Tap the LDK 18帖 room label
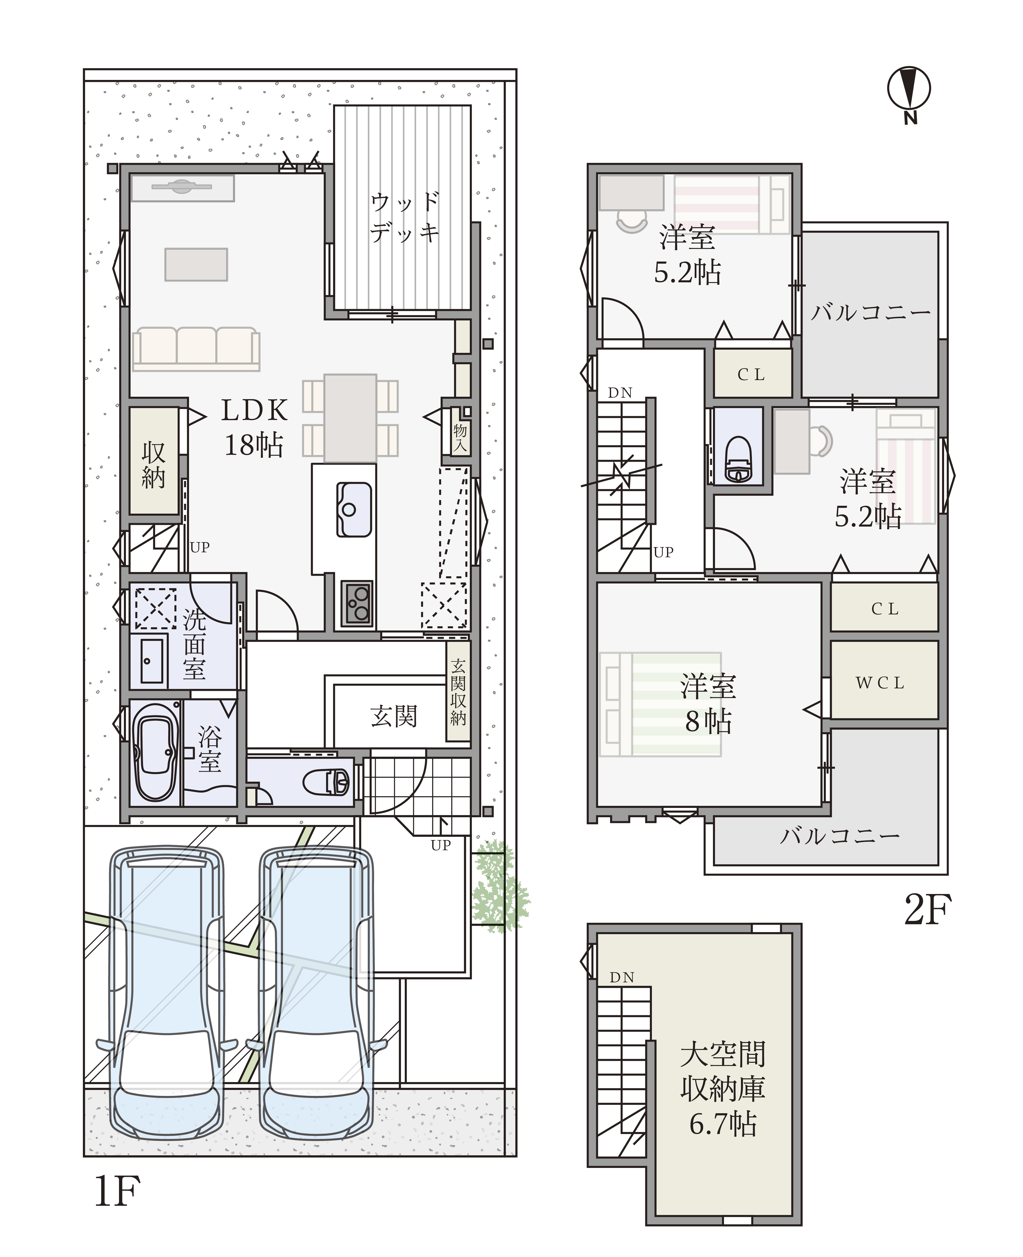coord(255,427)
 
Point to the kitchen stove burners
coord(357,602)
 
